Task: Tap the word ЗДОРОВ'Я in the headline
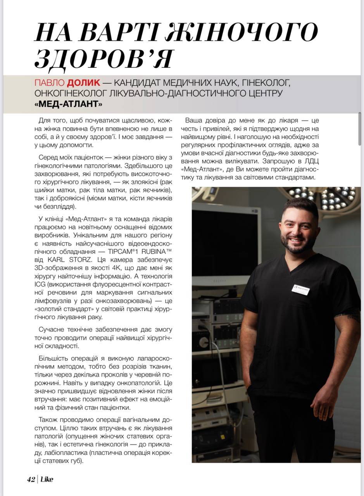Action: click(x=103, y=59)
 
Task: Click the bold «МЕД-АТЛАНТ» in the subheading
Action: click(x=68, y=105)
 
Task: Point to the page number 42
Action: click(x=31, y=479)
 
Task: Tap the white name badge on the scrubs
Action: click(x=300, y=289)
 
